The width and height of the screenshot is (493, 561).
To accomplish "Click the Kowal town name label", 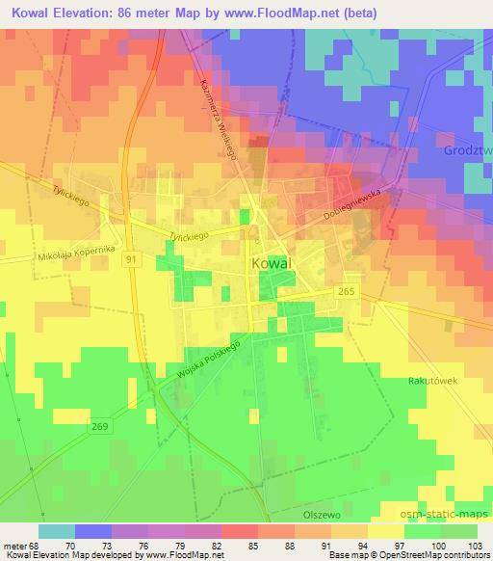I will [x=272, y=262].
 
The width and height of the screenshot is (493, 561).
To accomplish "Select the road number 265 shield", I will [x=347, y=290].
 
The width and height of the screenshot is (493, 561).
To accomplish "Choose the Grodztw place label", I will [x=469, y=150].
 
